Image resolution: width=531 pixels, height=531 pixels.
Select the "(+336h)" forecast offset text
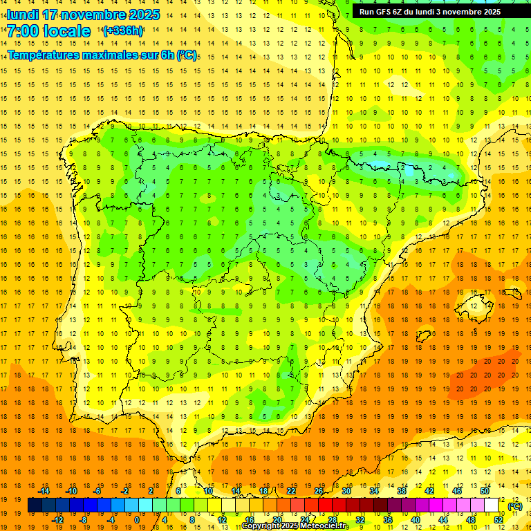(123, 31)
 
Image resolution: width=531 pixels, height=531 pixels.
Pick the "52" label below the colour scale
(499, 520)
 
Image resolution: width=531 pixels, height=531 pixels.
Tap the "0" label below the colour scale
(137, 520)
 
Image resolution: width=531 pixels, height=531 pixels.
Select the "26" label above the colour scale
(319, 491)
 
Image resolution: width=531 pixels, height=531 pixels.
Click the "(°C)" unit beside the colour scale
(515, 506)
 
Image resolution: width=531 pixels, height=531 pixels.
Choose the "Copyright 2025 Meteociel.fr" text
(295, 526)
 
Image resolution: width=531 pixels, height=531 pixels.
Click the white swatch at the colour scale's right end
(492, 505)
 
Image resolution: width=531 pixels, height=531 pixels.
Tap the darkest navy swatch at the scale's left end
(35, 505)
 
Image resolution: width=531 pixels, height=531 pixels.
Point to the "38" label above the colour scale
(402, 491)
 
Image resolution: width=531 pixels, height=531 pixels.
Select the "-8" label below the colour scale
(84, 520)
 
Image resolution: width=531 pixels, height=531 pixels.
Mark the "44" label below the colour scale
(443, 520)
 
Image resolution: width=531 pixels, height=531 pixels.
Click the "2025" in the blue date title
(142, 15)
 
